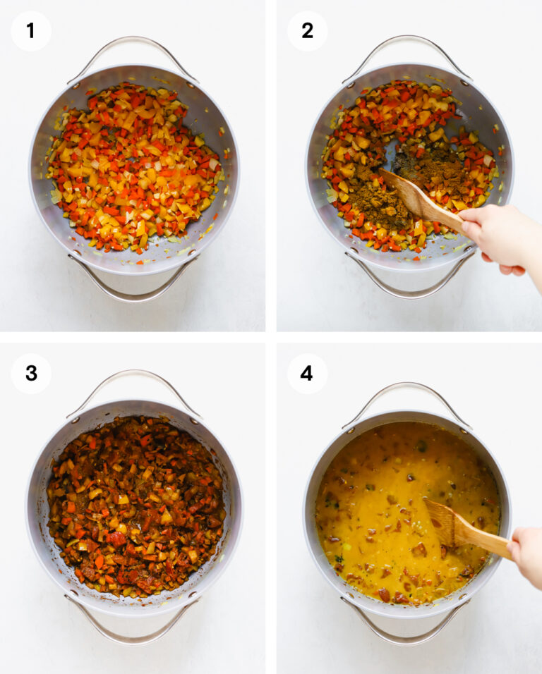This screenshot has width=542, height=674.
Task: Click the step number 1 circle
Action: coord(31,31)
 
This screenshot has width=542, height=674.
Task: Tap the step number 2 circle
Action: coord(307,31)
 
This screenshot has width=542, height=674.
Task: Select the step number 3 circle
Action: coord(31,373)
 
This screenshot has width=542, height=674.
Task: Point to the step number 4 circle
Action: coord(307,373)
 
